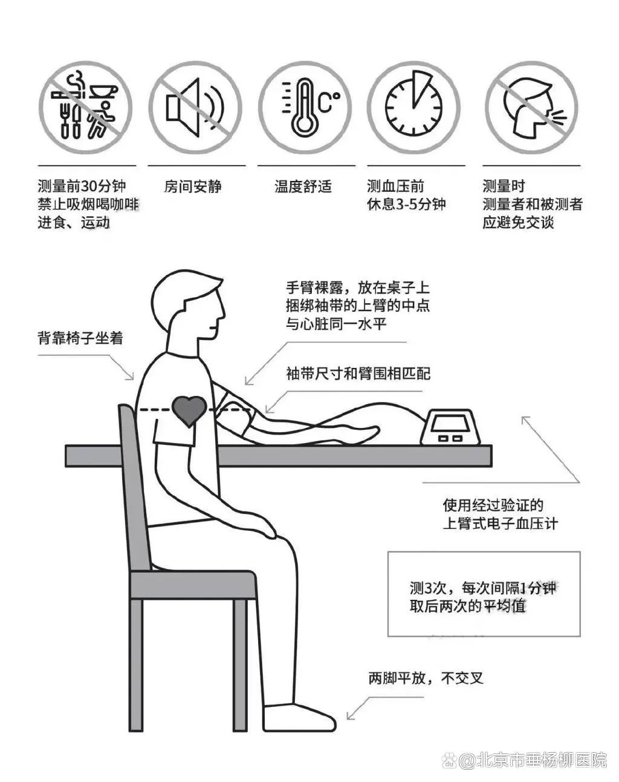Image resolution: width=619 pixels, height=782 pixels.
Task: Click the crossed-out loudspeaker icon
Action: (x=195, y=108)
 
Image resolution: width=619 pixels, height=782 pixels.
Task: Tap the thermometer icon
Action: (x=305, y=108)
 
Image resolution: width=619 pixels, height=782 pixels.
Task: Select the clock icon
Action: (x=414, y=108)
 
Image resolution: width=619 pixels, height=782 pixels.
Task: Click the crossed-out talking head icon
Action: (x=531, y=108)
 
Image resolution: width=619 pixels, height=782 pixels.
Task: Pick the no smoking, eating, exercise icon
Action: (x=86, y=108)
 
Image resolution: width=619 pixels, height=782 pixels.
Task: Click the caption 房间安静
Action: (x=193, y=187)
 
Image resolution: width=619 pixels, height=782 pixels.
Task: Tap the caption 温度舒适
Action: (x=303, y=187)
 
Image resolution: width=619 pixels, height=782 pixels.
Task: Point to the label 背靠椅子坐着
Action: (x=80, y=338)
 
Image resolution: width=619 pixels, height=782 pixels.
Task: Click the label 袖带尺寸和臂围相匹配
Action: (x=358, y=373)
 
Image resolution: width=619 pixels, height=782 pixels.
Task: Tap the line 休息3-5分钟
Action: (x=406, y=205)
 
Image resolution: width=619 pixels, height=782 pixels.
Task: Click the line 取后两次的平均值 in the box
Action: (x=468, y=606)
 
